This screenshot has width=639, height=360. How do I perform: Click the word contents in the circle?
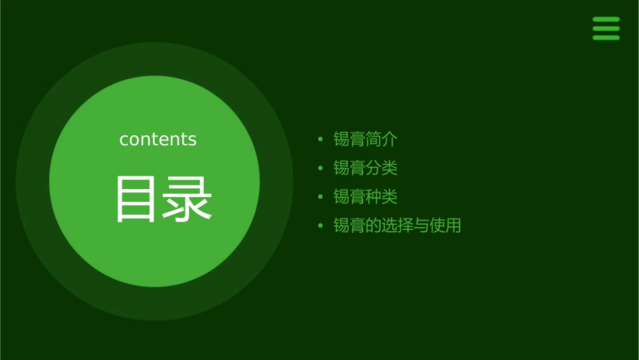point(158,139)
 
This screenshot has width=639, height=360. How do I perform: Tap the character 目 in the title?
point(135,199)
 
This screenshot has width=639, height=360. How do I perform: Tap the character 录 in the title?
point(186,199)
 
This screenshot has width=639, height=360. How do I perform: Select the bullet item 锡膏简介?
point(365,139)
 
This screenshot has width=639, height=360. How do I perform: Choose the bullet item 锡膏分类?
point(365,168)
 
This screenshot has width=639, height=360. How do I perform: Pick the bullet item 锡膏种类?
point(365,196)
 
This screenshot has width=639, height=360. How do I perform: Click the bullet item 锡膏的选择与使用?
point(397,225)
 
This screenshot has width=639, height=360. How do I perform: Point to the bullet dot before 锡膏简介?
point(321,140)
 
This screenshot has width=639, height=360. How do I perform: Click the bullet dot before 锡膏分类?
point(321,168)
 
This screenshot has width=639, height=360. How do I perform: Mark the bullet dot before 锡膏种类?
point(321,197)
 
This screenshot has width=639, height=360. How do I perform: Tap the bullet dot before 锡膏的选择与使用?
point(321,226)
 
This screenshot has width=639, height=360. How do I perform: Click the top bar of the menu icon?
point(606,20)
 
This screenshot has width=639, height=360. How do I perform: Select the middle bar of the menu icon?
point(606,28)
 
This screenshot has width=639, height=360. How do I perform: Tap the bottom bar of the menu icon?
point(606,38)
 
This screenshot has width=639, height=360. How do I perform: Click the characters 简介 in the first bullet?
point(381,139)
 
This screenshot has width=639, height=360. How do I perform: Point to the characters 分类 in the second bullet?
point(381,168)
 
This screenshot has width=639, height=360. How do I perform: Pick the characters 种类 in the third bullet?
point(381,196)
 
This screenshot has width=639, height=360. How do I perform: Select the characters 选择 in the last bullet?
point(397,225)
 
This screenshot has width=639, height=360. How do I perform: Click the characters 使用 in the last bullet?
point(445,225)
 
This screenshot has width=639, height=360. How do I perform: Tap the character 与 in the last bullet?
point(421,225)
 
